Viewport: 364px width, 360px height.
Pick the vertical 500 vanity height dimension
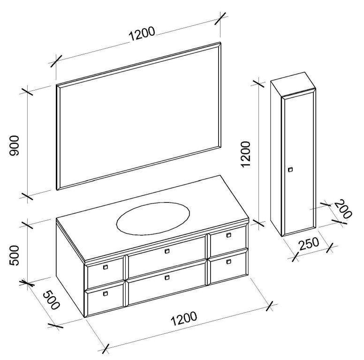click(x=16, y=255)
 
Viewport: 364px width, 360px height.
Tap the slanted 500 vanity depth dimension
click(x=51, y=300)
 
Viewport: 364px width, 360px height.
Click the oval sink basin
click(x=153, y=217)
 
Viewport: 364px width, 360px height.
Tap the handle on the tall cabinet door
click(x=290, y=169)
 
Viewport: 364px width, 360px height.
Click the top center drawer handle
click(x=167, y=251)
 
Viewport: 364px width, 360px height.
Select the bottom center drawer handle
click(x=167, y=277)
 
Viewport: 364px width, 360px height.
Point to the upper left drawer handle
click(x=105, y=268)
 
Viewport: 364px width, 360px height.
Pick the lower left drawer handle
click(x=105, y=294)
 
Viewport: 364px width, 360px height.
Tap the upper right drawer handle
click(x=228, y=235)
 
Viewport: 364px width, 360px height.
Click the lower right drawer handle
click(x=228, y=261)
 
